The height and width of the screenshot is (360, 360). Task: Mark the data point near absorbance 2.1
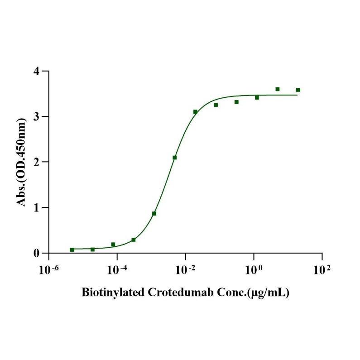175,158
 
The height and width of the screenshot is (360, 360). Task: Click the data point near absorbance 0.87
154,213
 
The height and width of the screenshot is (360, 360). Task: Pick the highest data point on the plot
278,89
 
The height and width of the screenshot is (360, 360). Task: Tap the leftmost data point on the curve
72,250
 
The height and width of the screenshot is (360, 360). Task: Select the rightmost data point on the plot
298,90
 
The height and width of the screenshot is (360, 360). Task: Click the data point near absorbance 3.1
195,111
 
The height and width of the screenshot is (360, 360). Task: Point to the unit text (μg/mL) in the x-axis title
269,292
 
